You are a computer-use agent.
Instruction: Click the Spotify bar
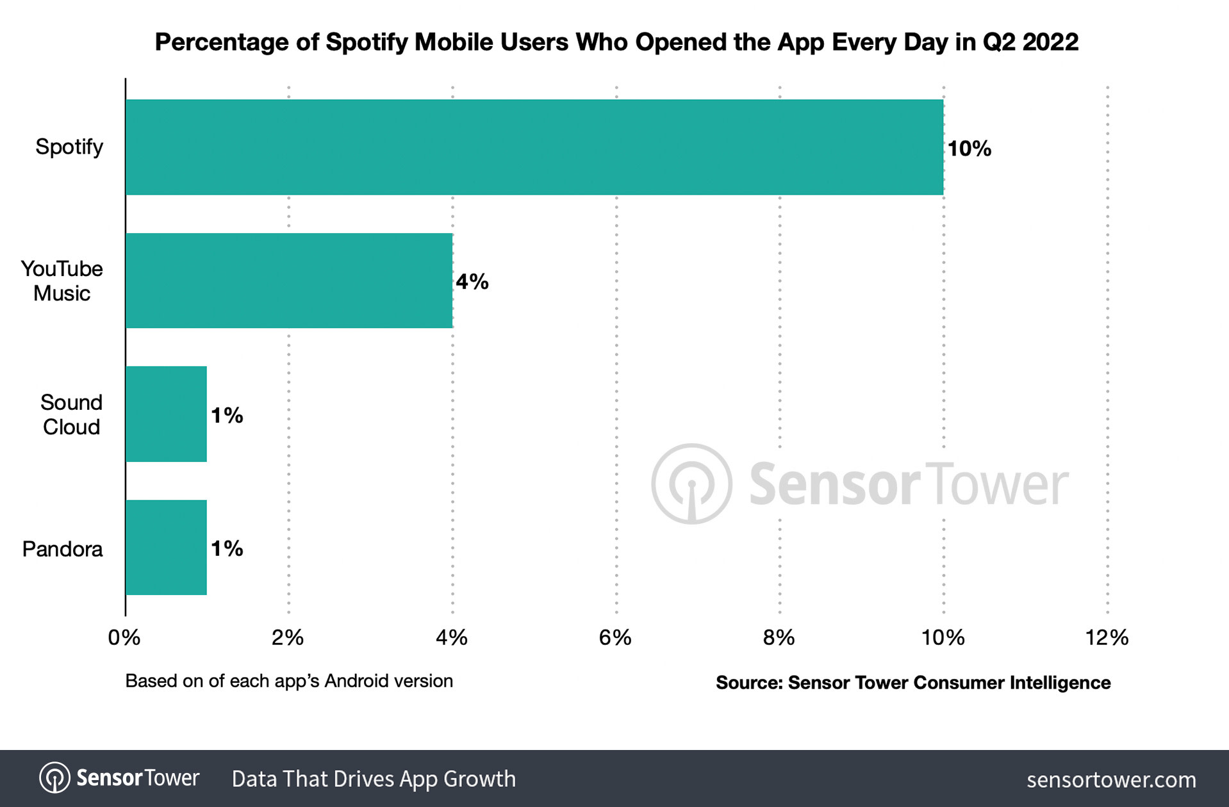pos(534,147)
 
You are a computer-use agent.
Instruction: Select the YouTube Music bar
pos(288,281)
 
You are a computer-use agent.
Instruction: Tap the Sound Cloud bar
pos(166,414)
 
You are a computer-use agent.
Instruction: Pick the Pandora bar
pos(166,548)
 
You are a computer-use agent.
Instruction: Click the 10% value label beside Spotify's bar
pos(969,149)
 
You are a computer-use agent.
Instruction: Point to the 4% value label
pos(472,282)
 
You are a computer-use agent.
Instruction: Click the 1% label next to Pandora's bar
pos(227,548)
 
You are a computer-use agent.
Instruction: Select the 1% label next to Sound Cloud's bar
pos(227,415)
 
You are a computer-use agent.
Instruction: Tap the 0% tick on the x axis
pos(124,637)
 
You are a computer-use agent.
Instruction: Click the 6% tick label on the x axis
pos(615,637)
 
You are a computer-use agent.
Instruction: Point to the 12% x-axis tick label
pos(1107,637)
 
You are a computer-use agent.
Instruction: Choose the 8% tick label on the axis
pos(779,637)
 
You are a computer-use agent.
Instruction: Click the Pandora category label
pos(62,549)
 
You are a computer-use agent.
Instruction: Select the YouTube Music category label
pos(62,281)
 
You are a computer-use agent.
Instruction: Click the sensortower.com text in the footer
pos(1111,779)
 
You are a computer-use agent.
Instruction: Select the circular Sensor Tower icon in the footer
pos(54,778)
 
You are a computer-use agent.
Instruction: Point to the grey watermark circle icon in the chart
pos(691,484)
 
